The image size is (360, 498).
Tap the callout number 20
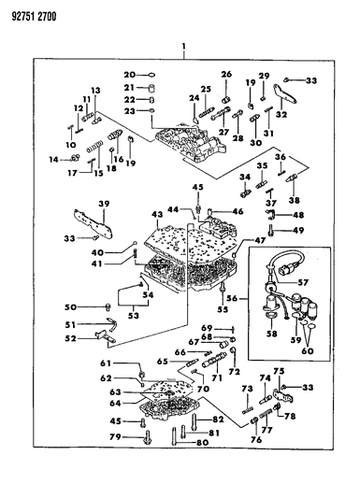pyautogui.click(x=130, y=73)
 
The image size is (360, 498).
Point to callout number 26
pyautogui.click(x=226, y=74)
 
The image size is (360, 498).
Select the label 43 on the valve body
pyautogui.click(x=157, y=215)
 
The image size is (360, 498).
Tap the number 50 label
pyautogui.click(x=69, y=306)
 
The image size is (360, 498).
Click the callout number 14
pyautogui.click(x=53, y=160)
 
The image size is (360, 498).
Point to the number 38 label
pyautogui.click(x=295, y=200)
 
